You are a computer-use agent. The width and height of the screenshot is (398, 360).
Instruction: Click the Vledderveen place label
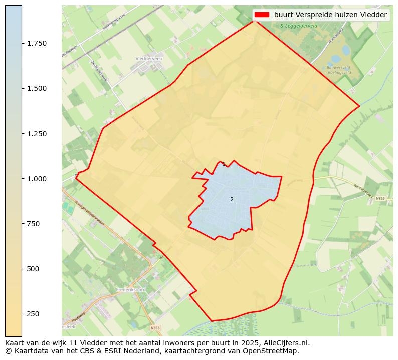tap(149, 59)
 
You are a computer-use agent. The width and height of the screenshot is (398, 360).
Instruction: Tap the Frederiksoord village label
tap(130, 290)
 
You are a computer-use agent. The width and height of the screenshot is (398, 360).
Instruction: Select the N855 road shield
tap(380, 199)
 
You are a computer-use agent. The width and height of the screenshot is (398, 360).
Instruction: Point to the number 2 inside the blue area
tap(232, 199)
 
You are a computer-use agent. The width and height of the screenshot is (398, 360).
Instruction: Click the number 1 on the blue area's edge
tap(224, 164)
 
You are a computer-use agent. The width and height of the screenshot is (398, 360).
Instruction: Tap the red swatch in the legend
tap(262, 15)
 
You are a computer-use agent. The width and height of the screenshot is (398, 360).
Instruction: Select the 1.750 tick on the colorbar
tap(37, 43)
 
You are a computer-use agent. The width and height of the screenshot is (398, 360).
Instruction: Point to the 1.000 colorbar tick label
tap(37, 179)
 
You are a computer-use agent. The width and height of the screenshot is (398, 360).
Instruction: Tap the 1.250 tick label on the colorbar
tap(37, 134)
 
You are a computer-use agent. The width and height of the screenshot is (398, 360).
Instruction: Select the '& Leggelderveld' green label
tap(299, 26)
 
